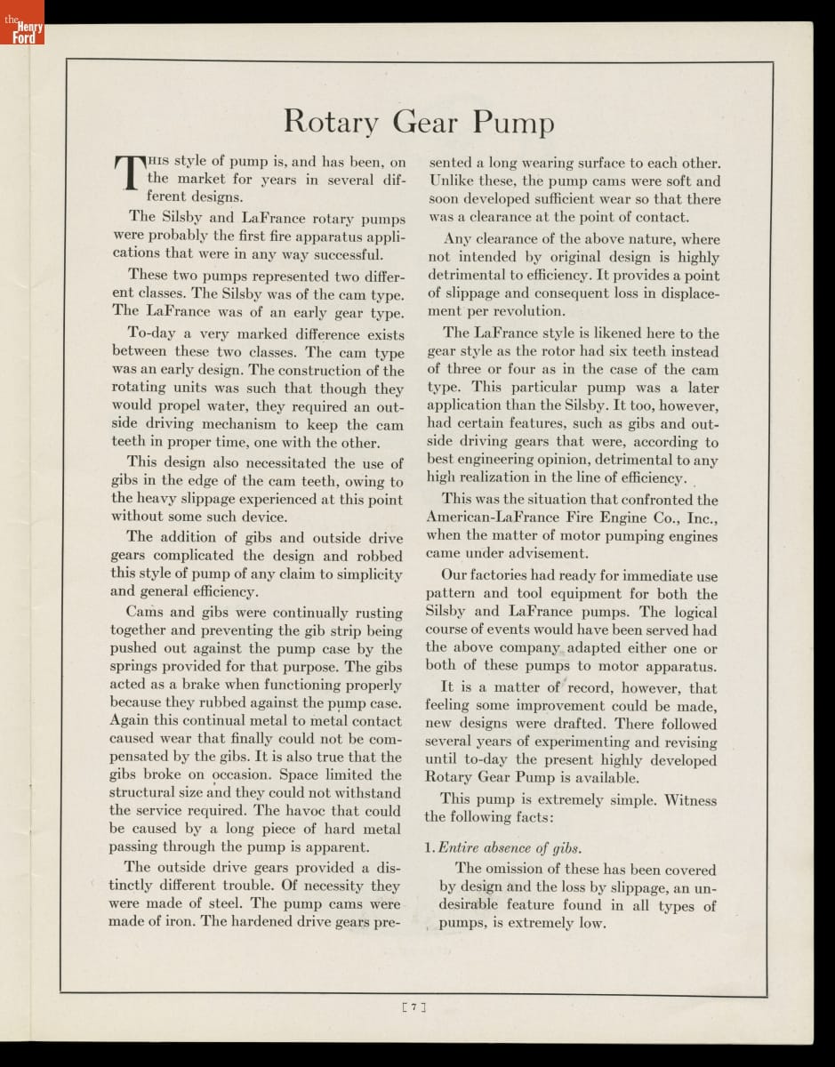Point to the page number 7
tap(415, 1007)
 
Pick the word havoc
tap(306, 810)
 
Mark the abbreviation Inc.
tap(703, 517)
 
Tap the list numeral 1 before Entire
tap(429, 847)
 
